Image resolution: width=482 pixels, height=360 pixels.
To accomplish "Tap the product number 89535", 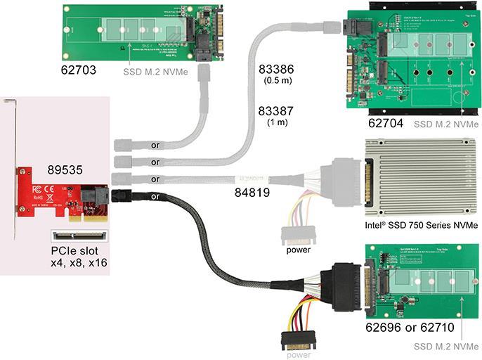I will pyautogui.click(x=65, y=169).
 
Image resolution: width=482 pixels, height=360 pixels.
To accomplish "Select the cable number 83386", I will pyautogui.click(x=275, y=70).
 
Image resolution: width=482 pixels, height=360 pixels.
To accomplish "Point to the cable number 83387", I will pyautogui.click(x=275, y=112).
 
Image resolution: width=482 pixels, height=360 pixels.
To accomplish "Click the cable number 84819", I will pyautogui.click(x=252, y=190).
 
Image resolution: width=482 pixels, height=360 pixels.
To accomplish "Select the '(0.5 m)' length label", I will pyautogui.click(x=275, y=82).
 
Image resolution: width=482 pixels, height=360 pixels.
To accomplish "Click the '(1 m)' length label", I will pyautogui.click(x=275, y=124).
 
